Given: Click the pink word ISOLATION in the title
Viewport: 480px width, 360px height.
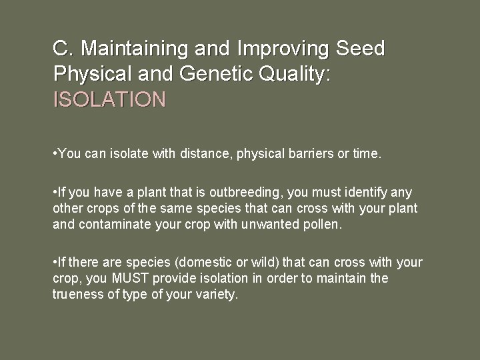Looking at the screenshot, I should (109, 100).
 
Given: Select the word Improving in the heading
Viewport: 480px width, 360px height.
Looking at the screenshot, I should (291, 49).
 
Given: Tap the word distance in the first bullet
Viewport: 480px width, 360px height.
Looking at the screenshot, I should (204, 155).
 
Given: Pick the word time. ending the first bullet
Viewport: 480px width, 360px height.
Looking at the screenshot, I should (367, 155).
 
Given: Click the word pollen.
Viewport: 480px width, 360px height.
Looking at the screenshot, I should (322, 225).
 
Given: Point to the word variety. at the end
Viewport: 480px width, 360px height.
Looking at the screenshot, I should (215, 295).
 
